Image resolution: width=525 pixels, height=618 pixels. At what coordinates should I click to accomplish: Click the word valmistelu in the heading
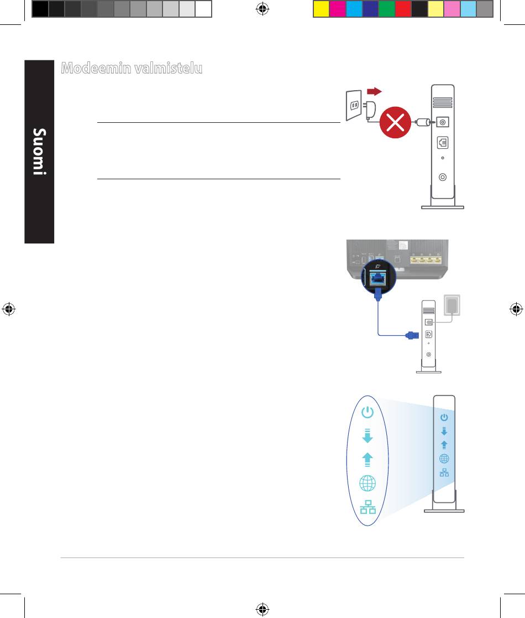tap(168, 68)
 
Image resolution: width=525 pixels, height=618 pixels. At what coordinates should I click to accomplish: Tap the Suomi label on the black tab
tap(39, 152)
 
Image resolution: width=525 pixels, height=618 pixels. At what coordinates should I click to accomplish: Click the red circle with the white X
tap(395, 122)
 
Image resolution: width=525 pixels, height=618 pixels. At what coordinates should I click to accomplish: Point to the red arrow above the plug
tap(374, 91)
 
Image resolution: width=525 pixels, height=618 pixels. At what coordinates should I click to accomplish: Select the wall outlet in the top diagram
tap(354, 105)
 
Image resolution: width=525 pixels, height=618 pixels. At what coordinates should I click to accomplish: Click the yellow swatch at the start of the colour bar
tap(321, 9)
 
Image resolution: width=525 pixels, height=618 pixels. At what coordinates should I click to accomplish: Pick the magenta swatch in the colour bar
tap(337, 9)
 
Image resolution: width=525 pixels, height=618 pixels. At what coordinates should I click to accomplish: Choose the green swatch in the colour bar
tap(386, 9)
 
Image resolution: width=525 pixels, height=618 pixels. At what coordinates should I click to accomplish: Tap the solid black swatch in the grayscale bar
tap(40, 9)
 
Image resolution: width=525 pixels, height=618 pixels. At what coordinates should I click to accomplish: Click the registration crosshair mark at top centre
tap(262, 9)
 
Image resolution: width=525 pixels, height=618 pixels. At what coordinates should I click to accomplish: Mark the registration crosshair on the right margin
tap(516, 309)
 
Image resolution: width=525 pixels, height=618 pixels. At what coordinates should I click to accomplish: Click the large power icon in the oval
tap(367, 412)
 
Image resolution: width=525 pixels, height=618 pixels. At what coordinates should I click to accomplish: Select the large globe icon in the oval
tap(368, 483)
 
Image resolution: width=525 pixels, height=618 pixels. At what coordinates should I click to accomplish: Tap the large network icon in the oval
tap(368, 507)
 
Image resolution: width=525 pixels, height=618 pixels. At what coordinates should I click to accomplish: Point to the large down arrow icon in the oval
tap(367, 435)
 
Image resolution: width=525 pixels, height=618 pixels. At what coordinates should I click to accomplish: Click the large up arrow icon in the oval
tap(367, 460)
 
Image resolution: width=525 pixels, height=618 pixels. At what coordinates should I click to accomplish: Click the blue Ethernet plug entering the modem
tap(412, 335)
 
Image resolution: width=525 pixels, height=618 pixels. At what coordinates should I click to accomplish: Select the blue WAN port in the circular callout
tap(378, 279)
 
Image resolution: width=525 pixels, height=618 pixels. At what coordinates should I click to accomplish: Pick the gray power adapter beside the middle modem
tap(452, 305)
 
